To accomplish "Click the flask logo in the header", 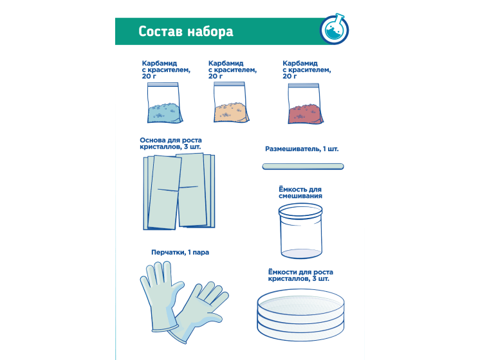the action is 335,29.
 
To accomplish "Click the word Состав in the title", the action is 161,32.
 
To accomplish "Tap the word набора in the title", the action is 210,32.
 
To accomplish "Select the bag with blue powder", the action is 165,103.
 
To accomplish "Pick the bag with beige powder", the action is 231,102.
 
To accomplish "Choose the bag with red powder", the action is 305,104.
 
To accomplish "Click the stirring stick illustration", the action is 303,166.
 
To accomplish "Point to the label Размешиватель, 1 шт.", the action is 302,149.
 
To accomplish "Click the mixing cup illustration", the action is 300,231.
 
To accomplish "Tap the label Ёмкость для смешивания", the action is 300,192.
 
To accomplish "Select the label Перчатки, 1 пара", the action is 180,253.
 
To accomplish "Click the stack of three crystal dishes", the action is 300,314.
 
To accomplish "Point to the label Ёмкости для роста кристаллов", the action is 300,275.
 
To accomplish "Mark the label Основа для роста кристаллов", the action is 171,143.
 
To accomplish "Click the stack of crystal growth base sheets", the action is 179,192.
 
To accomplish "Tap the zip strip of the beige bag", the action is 229,84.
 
